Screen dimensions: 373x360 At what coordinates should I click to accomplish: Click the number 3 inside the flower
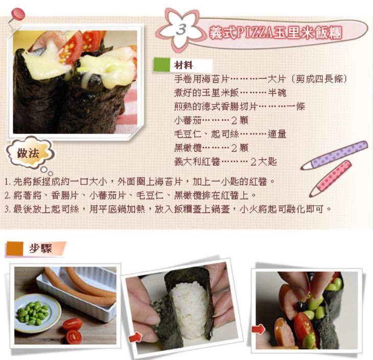click(181, 30)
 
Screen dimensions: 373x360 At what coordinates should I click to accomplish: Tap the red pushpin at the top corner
click(17, 15)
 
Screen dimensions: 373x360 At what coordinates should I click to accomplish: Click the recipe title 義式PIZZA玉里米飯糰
click(275, 32)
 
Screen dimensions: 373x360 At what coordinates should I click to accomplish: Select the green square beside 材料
click(162, 65)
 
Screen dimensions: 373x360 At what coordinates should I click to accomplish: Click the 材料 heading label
click(183, 65)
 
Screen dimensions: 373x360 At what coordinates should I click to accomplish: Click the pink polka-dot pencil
click(331, 178)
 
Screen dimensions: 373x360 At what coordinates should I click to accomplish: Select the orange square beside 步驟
click(15, 249)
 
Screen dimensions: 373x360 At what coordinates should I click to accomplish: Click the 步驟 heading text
click(40, 249)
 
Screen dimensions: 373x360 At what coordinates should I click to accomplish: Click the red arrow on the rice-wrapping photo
click(135, 338)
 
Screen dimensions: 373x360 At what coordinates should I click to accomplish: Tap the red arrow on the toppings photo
click(259, 329)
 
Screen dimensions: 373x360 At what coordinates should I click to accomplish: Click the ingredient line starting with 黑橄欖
click(211, 148)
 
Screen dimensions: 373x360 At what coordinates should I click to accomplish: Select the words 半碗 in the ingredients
click(277, 93)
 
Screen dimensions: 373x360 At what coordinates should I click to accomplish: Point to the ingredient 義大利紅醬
click(197, 162)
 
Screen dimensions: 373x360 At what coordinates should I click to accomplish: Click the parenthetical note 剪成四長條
click(319, 79)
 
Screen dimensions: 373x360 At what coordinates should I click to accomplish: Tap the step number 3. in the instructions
click(7, 209)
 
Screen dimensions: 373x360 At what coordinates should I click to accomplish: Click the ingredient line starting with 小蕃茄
click(211, 121)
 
